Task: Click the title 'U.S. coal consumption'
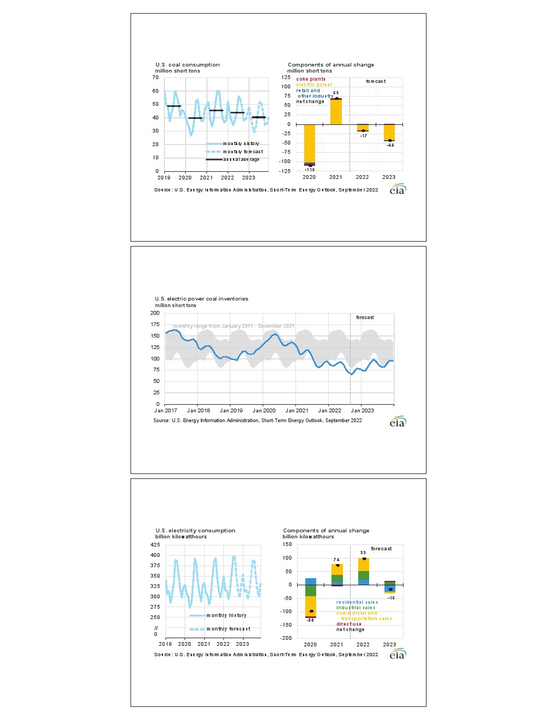[187, 65]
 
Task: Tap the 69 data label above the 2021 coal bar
[336, 93]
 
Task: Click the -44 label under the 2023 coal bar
[390, 145]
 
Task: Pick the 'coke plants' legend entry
[311, 80]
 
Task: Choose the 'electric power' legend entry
[314, 85]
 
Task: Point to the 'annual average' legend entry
[241, 160]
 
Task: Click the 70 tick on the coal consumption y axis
[156, 77]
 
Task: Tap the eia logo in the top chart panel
[398, 189]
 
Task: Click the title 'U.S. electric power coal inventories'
[202, 299]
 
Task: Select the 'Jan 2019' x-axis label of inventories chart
[231, 411]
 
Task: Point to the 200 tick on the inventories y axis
[155, 313]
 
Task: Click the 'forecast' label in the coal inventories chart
[365, 317]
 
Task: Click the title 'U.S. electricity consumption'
[195, 531]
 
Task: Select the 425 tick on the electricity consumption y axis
[155, 545]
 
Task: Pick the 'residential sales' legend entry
[357, 603]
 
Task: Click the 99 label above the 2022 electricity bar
[363, 553]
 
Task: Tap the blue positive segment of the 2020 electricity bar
[310, 581]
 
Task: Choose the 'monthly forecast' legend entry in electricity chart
[228, 629]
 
